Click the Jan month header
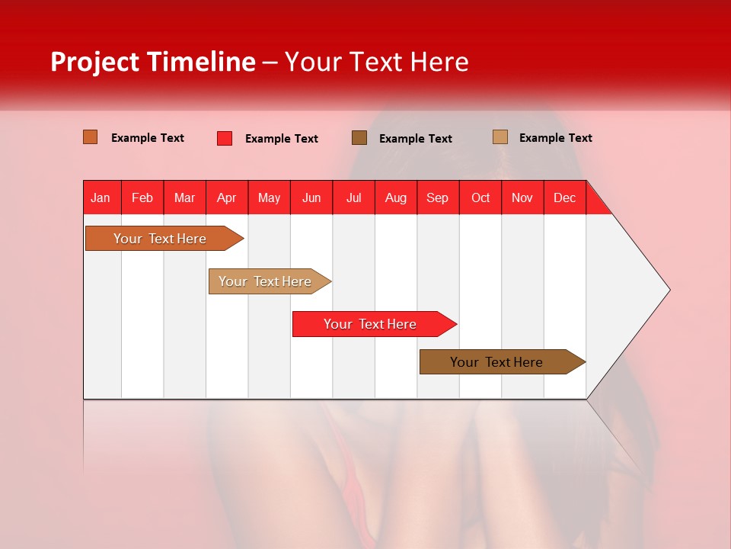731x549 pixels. [101, 197]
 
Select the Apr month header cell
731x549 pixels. [227, 197]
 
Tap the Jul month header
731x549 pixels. [353, 197]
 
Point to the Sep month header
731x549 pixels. [438, 197]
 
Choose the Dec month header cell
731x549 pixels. [564, 197]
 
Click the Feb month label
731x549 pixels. [142, 197]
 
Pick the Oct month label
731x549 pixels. [480, 197]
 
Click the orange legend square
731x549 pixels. [90, 137]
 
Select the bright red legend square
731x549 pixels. [224, 138]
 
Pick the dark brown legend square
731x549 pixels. [359, 137]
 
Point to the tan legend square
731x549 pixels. [500, 137]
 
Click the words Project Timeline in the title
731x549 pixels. [152, 62]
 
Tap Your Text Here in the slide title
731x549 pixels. [376, 62]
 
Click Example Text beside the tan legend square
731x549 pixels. [555, 137]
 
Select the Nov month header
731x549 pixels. [522, 197]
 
